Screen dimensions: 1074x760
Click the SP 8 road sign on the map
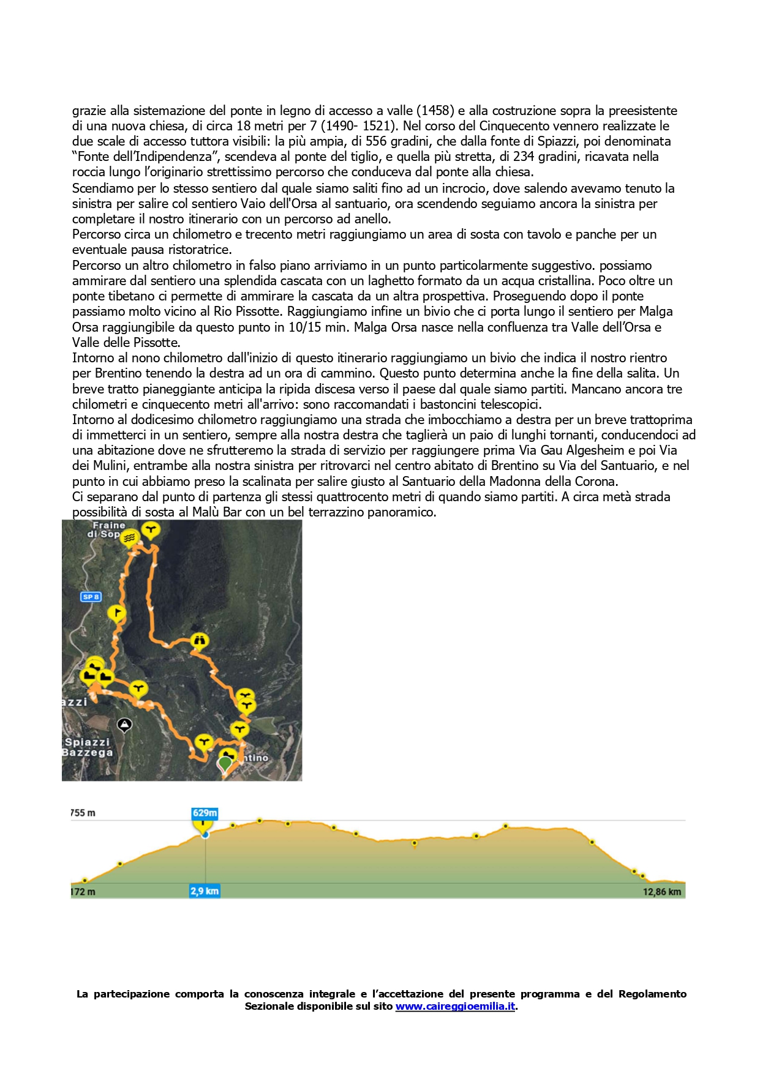91,597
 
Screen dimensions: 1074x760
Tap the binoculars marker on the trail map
199,641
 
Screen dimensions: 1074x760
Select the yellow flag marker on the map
116,613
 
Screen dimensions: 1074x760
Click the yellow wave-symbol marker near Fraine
129,538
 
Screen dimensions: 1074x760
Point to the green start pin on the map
225,763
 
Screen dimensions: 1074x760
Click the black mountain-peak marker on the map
124,725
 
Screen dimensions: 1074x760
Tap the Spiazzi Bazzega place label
88,747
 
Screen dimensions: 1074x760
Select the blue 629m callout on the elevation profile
205,813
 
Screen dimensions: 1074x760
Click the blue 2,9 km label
205,891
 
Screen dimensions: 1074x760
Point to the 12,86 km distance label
661,892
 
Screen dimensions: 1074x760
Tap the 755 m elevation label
83,813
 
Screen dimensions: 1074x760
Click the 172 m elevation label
83,892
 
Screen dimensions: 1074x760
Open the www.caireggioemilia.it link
455,1006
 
